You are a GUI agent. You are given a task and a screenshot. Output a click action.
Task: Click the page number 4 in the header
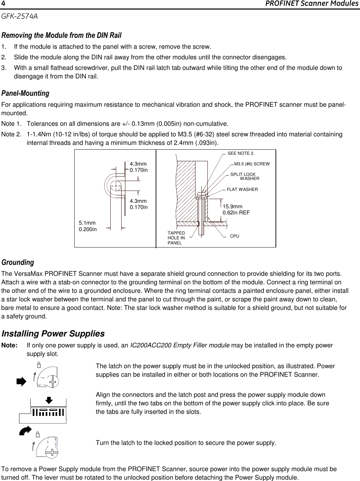[x=3, y=4]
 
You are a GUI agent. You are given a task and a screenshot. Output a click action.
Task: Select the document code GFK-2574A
[x=19, y=16]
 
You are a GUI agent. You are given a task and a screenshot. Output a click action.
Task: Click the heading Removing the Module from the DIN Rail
[x=61, y=35]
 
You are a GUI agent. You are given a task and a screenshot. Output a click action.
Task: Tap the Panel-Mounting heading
[x=26, y=93]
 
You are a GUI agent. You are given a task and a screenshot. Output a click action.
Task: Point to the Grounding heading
[x=18, y=262]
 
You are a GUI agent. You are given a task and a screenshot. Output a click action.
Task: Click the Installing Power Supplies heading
[x=53, y=333]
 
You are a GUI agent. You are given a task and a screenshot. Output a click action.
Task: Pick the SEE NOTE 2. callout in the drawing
[x=241, y=153]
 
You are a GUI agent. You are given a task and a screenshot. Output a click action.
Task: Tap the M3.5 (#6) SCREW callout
[x=252, y=164]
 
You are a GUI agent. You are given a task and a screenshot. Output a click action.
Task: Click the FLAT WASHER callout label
[x=242, y=189]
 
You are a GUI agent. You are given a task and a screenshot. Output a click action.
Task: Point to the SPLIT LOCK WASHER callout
[x=245, y=177]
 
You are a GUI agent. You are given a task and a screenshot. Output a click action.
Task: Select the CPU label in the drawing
[x=235, y=236]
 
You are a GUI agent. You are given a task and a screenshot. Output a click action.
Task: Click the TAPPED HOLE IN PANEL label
[x=176, y=238]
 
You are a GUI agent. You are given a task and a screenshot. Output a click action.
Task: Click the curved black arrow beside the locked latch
[x=26, y=431]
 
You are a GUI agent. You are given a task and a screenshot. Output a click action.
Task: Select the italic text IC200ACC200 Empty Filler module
[x=180, y=345]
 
